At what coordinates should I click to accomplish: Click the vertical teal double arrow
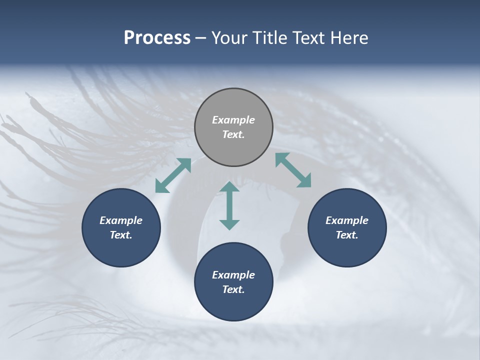[229, 205]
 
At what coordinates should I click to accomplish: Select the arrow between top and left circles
[173, 175]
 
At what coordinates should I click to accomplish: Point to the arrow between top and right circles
[293, 170]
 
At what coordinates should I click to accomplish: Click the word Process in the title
[157, 38]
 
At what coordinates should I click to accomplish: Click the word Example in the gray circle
[233, 120]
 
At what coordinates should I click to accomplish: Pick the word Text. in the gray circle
[233, 134]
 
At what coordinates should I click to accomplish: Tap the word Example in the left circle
[121, 220]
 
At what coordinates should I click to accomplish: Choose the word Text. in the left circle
[121, 235]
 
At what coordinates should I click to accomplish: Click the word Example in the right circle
[347, 220]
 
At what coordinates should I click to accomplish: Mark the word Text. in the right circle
[347, 235]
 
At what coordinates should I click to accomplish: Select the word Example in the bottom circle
[233, 275]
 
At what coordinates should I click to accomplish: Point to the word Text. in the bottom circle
[233, 289]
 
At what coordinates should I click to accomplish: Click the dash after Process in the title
[201, 38]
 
